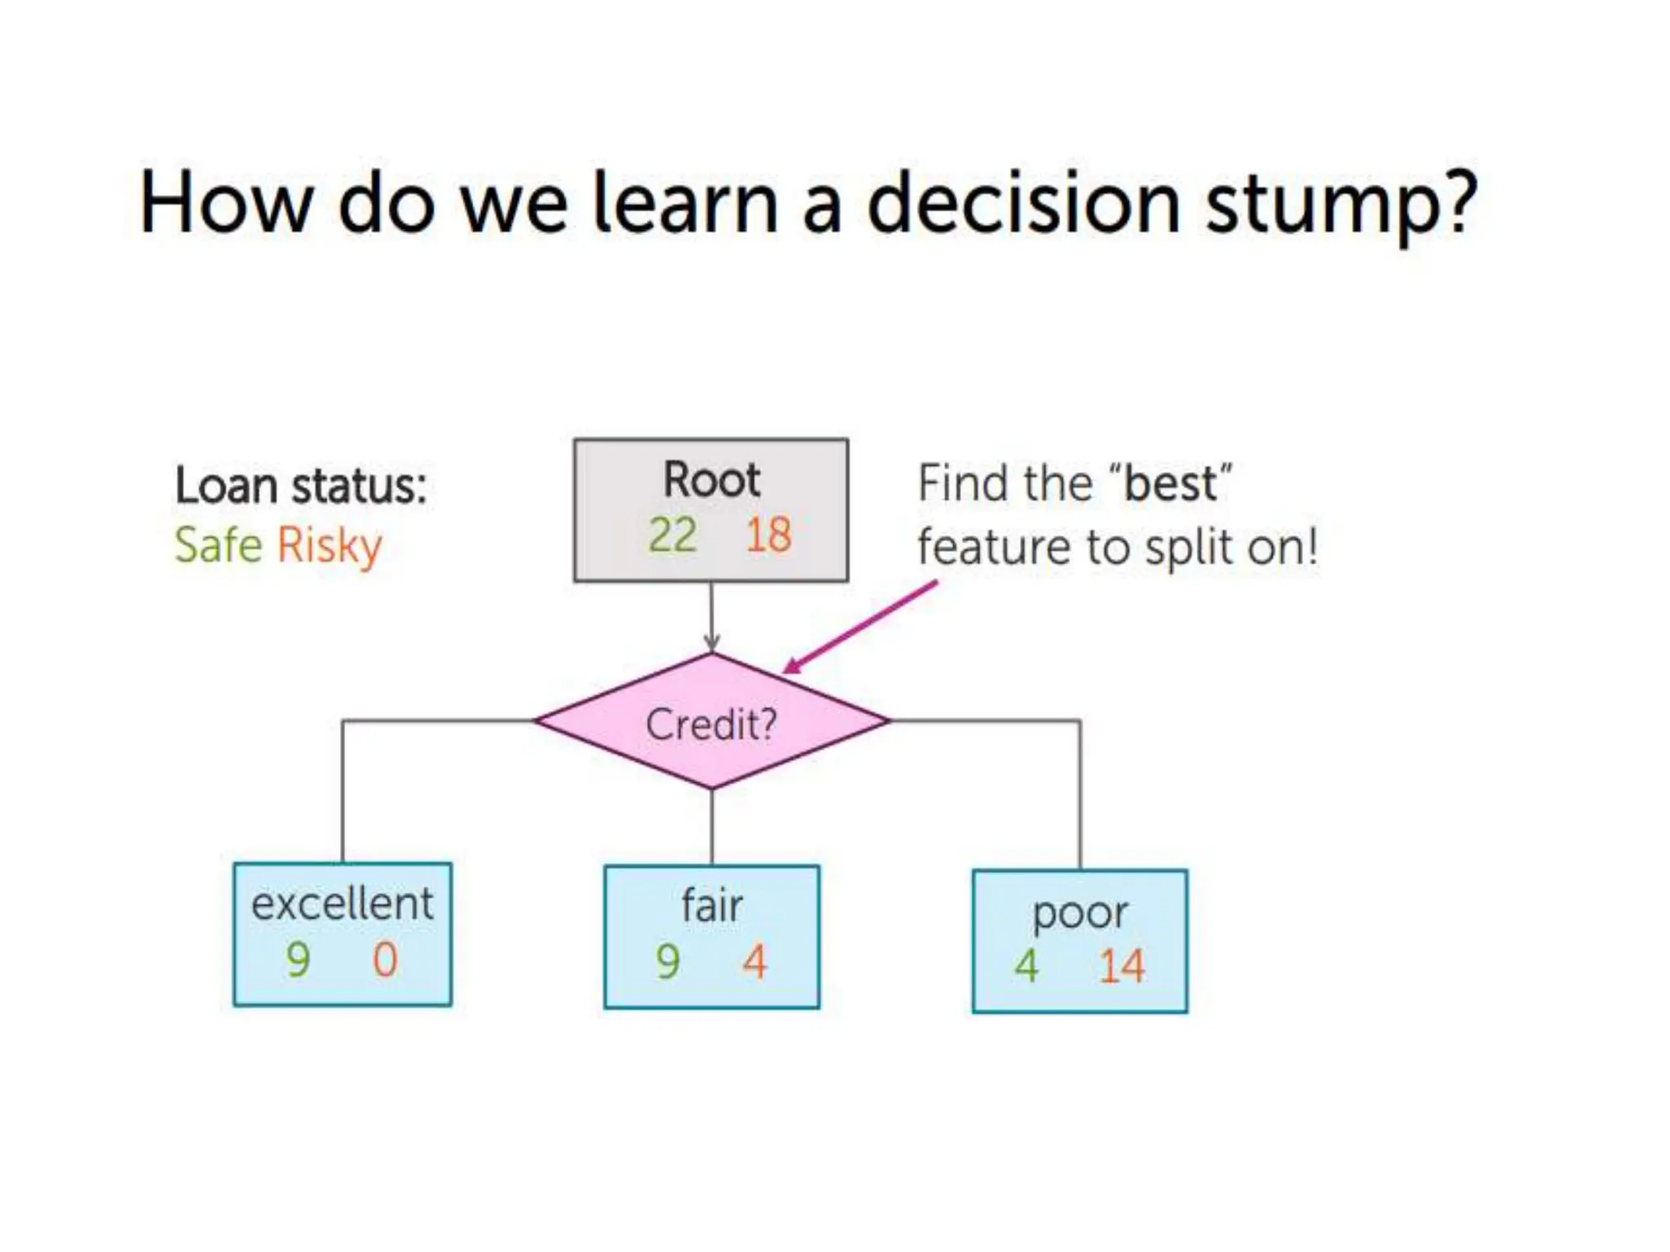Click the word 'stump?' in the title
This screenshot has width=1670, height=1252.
[1341, 204]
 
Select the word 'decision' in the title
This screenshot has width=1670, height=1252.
[1023, 204]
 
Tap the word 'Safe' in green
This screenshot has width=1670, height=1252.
[218, 544]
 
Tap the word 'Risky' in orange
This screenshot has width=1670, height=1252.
[329, 546]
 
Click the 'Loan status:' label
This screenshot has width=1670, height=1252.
[301, 486]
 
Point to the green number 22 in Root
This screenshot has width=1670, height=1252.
[672, 536]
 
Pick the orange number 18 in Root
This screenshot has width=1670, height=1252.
[768, 536]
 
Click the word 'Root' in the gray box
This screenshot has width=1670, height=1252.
[711, 479]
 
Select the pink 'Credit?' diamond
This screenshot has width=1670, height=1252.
[711, 722]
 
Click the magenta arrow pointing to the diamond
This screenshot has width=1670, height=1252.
[860, 626]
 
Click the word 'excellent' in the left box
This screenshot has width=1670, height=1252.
[342, 904]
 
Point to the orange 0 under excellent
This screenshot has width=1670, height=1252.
[385, 960]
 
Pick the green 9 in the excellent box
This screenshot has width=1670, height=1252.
[298, 960]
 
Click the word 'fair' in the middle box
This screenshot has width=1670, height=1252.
[712, 906]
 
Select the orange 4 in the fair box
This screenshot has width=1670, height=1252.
[754, 962]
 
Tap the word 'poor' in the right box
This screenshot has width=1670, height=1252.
[1080, 913]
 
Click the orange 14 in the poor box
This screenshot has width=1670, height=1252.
[1121, 968]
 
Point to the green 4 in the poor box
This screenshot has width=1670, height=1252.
[1027, 968]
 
